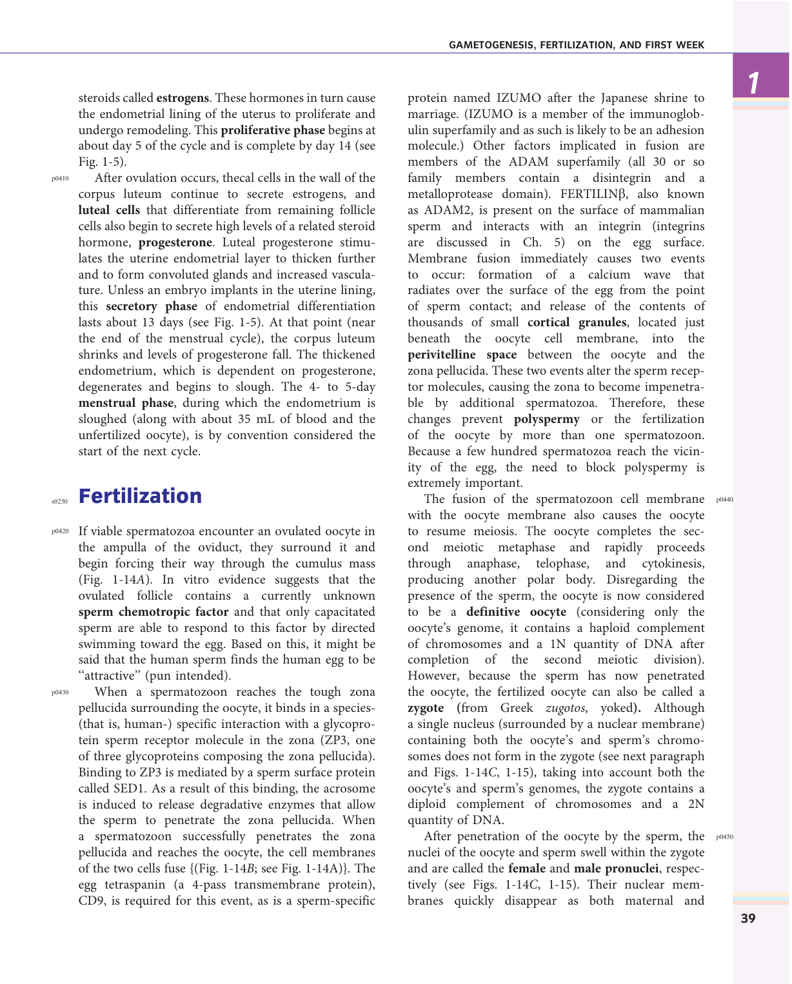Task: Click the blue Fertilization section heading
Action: point(140,496)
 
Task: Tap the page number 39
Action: point(748,918)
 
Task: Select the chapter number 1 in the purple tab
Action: point(753,83)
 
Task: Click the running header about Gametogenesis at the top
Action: point(577,45)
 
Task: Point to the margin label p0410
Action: point(60,179)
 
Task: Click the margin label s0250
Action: point(59,501)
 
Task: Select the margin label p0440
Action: point(724,500)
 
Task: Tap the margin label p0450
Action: point(724,837)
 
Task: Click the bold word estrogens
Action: point(183,98)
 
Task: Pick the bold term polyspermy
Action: point(546,419)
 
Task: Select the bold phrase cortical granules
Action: point(577,322)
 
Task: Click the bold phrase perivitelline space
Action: point(462,355)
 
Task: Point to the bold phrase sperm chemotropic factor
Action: point(153,612)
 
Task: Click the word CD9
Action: point(91,901)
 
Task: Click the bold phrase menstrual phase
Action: point(126,403)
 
